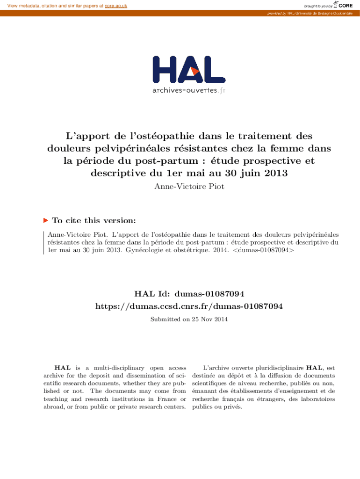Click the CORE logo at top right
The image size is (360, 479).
(345, 5)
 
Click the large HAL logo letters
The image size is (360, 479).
(188, 71)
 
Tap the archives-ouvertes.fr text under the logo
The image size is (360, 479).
(188, 90)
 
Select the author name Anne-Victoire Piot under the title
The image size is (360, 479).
(180, 187)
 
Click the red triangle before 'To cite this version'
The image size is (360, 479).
(45, 220)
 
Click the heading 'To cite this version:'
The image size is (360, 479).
(94, 220)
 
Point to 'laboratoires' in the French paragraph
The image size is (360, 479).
(318, 399)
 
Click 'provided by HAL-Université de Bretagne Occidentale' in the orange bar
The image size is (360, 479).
(310, 13)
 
